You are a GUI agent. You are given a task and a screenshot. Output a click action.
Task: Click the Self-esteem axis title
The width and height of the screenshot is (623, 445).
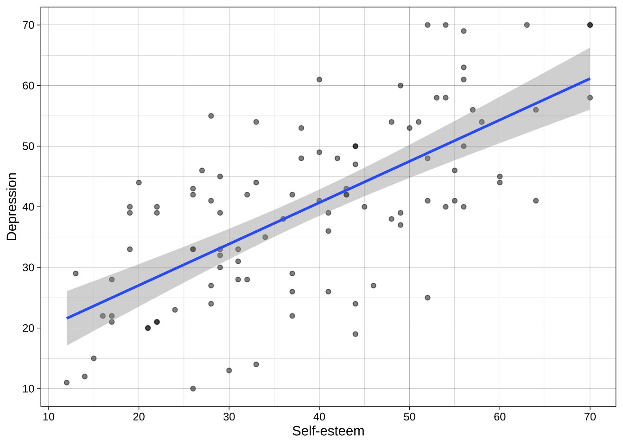[328, 431]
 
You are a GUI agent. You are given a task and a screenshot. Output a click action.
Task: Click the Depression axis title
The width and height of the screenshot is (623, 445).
[12, 207]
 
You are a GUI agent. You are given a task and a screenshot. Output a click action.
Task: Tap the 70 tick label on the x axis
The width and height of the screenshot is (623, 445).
[590, 417]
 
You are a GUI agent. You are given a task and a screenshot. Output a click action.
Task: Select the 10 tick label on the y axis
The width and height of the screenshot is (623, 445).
[29, 389]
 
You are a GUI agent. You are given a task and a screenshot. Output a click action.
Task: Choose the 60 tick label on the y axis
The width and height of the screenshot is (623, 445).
[29, 86]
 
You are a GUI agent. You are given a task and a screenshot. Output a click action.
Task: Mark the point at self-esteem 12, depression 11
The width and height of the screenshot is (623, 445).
[67, 382]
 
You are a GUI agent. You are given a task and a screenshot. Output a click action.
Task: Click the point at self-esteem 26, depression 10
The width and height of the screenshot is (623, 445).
[193, 388]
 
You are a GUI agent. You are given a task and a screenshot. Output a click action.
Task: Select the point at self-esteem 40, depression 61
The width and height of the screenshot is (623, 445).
[319, 79]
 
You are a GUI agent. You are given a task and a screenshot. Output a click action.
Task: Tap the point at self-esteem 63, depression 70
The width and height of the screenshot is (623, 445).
[527, 25]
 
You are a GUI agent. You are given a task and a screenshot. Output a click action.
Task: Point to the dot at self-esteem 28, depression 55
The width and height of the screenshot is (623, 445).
[211, 116]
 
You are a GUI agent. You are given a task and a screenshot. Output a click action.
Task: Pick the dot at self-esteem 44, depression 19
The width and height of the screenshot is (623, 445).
[356, 334]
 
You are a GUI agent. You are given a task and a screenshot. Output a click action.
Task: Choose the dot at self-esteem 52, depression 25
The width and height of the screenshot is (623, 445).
[427, 298]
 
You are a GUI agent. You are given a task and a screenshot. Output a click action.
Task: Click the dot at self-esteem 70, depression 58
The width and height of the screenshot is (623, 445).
[590, 98]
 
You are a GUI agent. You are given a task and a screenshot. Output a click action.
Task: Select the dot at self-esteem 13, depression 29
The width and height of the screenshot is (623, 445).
[76, 273]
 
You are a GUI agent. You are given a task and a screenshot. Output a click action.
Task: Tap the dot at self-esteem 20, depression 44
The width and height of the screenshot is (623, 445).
[139, 183]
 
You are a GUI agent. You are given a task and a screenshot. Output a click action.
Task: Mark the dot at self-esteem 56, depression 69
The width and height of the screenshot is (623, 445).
[464, 31]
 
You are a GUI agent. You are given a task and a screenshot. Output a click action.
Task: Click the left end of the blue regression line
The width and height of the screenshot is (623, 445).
[67, 318]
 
